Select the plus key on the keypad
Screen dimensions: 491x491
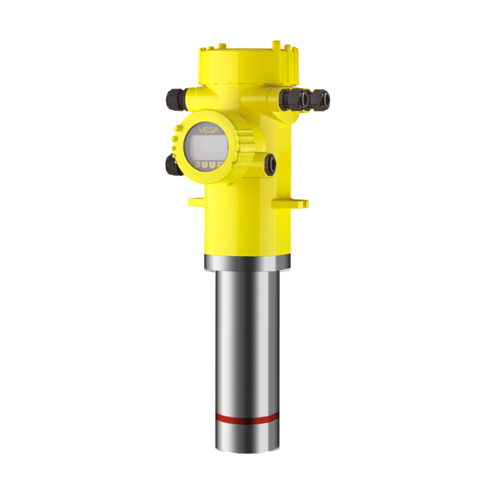click(204, 164)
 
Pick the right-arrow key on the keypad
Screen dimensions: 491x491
click(212, 164)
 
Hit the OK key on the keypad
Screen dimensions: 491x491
click(219, 164)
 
